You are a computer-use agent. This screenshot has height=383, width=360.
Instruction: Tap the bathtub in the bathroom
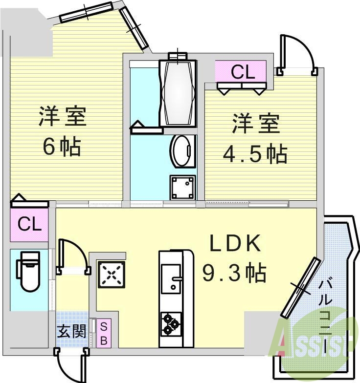177,93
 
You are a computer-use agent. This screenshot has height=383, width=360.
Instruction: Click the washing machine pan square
182,187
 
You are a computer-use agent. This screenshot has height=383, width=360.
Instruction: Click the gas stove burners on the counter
170,324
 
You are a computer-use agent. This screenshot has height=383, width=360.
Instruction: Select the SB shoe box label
104,333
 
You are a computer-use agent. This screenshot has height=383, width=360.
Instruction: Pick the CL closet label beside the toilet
29,225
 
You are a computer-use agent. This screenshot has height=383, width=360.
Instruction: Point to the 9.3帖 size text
234,273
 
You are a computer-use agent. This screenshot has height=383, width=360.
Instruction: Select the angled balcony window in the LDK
300,288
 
